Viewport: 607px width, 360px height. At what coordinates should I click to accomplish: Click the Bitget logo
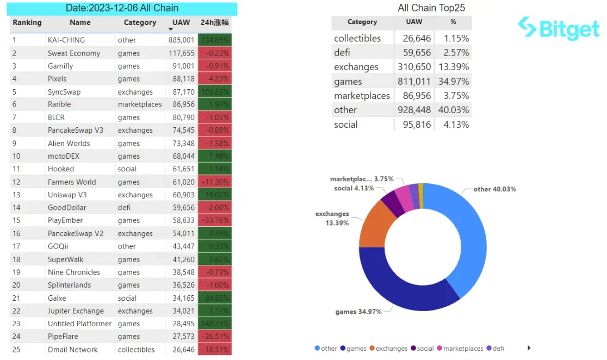coord(559,28)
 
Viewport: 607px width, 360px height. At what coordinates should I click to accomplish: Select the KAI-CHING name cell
coord(66,40)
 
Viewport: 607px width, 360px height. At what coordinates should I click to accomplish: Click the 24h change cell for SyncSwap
coord(215,92)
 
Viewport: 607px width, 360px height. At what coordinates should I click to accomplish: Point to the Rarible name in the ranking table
coord(59,104)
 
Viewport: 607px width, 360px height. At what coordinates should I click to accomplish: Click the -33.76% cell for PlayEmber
coord(215,221)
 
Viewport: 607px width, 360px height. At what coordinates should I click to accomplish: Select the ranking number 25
coord(16,350)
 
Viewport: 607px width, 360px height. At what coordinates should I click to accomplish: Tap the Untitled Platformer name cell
coord(79,324)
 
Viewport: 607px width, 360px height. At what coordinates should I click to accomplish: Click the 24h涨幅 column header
coord(215,23)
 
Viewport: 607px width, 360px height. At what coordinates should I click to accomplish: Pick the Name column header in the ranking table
coord(80,23)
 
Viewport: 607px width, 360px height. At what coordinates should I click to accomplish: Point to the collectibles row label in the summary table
coord(357,38)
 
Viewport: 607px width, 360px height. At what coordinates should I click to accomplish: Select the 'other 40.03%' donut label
coord(494,189)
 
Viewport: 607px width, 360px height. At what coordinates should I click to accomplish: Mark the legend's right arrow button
coord(529,348)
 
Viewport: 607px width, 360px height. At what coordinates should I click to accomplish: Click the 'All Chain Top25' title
coord(431,8)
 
